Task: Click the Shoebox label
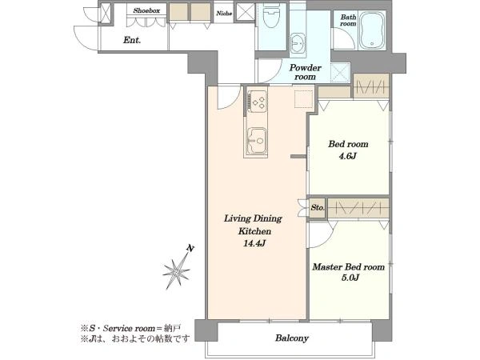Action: point(146,10)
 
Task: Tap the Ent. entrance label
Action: point(132,40)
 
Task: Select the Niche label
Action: point(224,13)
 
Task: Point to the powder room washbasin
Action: point(298,45)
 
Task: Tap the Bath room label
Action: point(348,20)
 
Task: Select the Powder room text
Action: point(306,72)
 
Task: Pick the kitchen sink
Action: point(257,140)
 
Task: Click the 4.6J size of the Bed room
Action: point(348,157)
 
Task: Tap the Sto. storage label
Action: point(318,208)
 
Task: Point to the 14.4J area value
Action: point(254,243)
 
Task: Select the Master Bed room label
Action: point(348,267)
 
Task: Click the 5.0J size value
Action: point(350,278)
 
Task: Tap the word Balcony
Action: point(292,338)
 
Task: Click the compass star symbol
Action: point(177,272)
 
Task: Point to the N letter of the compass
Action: point(190,248)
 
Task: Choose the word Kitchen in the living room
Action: point(254,231)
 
